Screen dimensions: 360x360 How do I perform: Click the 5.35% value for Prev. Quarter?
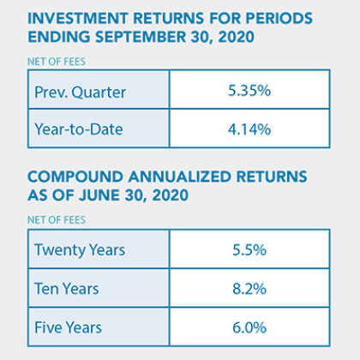(x=249, y=91)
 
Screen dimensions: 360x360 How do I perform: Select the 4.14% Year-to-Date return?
(x=249, y=129)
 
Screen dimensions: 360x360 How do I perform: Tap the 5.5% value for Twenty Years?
(x=249, y=249)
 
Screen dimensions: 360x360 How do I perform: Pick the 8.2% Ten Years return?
(x=249, y=289)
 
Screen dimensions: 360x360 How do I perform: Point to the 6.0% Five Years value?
(x=249, y=327)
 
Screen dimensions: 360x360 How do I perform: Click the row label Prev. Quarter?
(x=80, y=93)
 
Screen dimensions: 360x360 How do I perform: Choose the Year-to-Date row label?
(x=79, y=129)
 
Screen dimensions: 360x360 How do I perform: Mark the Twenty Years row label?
(x=80, y=250)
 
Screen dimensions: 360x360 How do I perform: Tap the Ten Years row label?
(x=67, y=289)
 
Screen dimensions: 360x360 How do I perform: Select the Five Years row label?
(x=68, y=327)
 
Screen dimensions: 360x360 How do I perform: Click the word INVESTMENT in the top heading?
(x=78, y=19)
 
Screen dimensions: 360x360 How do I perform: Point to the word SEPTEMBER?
(x=141, y=37)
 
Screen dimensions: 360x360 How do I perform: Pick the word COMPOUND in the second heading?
(x=75, y=177)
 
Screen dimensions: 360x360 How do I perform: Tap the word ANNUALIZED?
(x=180, y=177)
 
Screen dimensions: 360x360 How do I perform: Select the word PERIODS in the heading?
(x=279, y=19)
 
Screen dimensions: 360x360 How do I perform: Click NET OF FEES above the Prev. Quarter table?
(x=57, y=62)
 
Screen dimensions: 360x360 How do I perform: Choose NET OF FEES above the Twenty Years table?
(x=57, y=220)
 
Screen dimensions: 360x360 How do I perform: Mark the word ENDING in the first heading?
(x=59, y=37)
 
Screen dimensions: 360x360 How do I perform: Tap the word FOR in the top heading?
(x=225, y=19)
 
